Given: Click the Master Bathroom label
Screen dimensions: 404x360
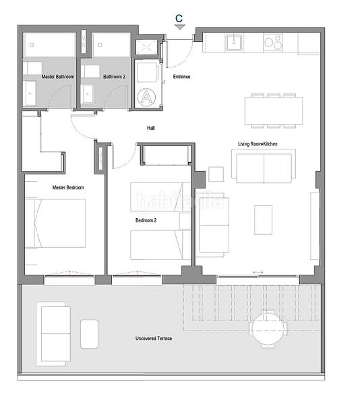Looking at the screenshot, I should [x=49, y=77].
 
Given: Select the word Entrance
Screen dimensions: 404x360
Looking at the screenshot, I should [x=181, y=77].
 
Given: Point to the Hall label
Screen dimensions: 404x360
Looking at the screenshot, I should [x=151, y=128].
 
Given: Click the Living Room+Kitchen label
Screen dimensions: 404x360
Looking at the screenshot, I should [x=257, y=143].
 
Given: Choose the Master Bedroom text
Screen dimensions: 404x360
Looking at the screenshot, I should [x=68, y=187].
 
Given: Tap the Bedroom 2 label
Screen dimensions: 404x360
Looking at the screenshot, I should [x=146, y=220].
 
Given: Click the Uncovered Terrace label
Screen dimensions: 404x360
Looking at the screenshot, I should [x=154, y=338].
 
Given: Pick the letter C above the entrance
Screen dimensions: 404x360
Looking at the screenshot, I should [x=179, y=18].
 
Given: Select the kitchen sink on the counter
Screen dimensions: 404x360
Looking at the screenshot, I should [x=234, y=43].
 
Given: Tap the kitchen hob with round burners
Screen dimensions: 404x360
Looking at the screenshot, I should [x=272, y=43].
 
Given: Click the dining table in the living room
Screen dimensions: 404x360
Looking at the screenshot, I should [x=273, y=110].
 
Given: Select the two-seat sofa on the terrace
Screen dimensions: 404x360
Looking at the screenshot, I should [x=54, y=334].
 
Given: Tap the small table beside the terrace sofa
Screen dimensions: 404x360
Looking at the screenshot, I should [x=90, y=334].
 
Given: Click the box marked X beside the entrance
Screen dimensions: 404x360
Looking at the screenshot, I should [x=146, y=47].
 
